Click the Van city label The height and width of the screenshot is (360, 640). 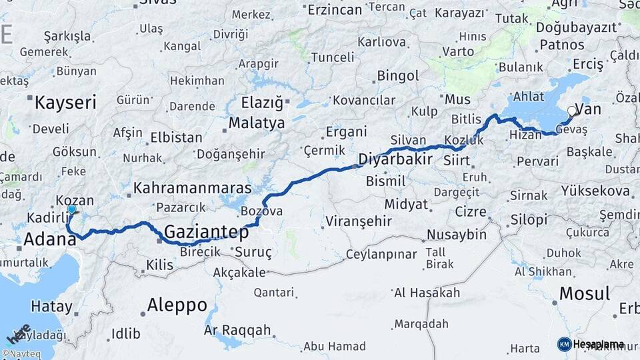click(591, 109)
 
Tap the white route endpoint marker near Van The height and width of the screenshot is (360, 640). click(571, 111)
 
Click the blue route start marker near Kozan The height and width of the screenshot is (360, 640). click(72, 210)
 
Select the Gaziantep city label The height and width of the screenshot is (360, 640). click(206, 233)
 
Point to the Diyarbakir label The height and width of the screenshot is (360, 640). click(395, 159)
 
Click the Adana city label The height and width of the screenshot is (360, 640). click(49, 239)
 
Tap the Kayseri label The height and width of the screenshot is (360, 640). click(65, 103)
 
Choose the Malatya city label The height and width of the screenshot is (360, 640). click(257, 123)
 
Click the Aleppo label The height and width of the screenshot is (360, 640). click(177, 305)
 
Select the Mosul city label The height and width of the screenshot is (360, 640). click(585, 293)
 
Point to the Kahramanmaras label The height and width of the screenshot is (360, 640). click(192, 188)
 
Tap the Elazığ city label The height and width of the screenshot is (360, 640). click(265, 103)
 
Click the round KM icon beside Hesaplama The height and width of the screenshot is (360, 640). click(564, 344)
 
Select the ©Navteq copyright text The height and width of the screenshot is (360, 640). click(20, 354)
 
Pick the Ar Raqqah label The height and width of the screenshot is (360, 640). click(237, 330)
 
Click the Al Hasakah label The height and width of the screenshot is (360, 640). click(427, 293)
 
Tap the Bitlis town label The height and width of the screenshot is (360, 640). click(466, 119)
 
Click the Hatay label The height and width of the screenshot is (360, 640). click(51, 307)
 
